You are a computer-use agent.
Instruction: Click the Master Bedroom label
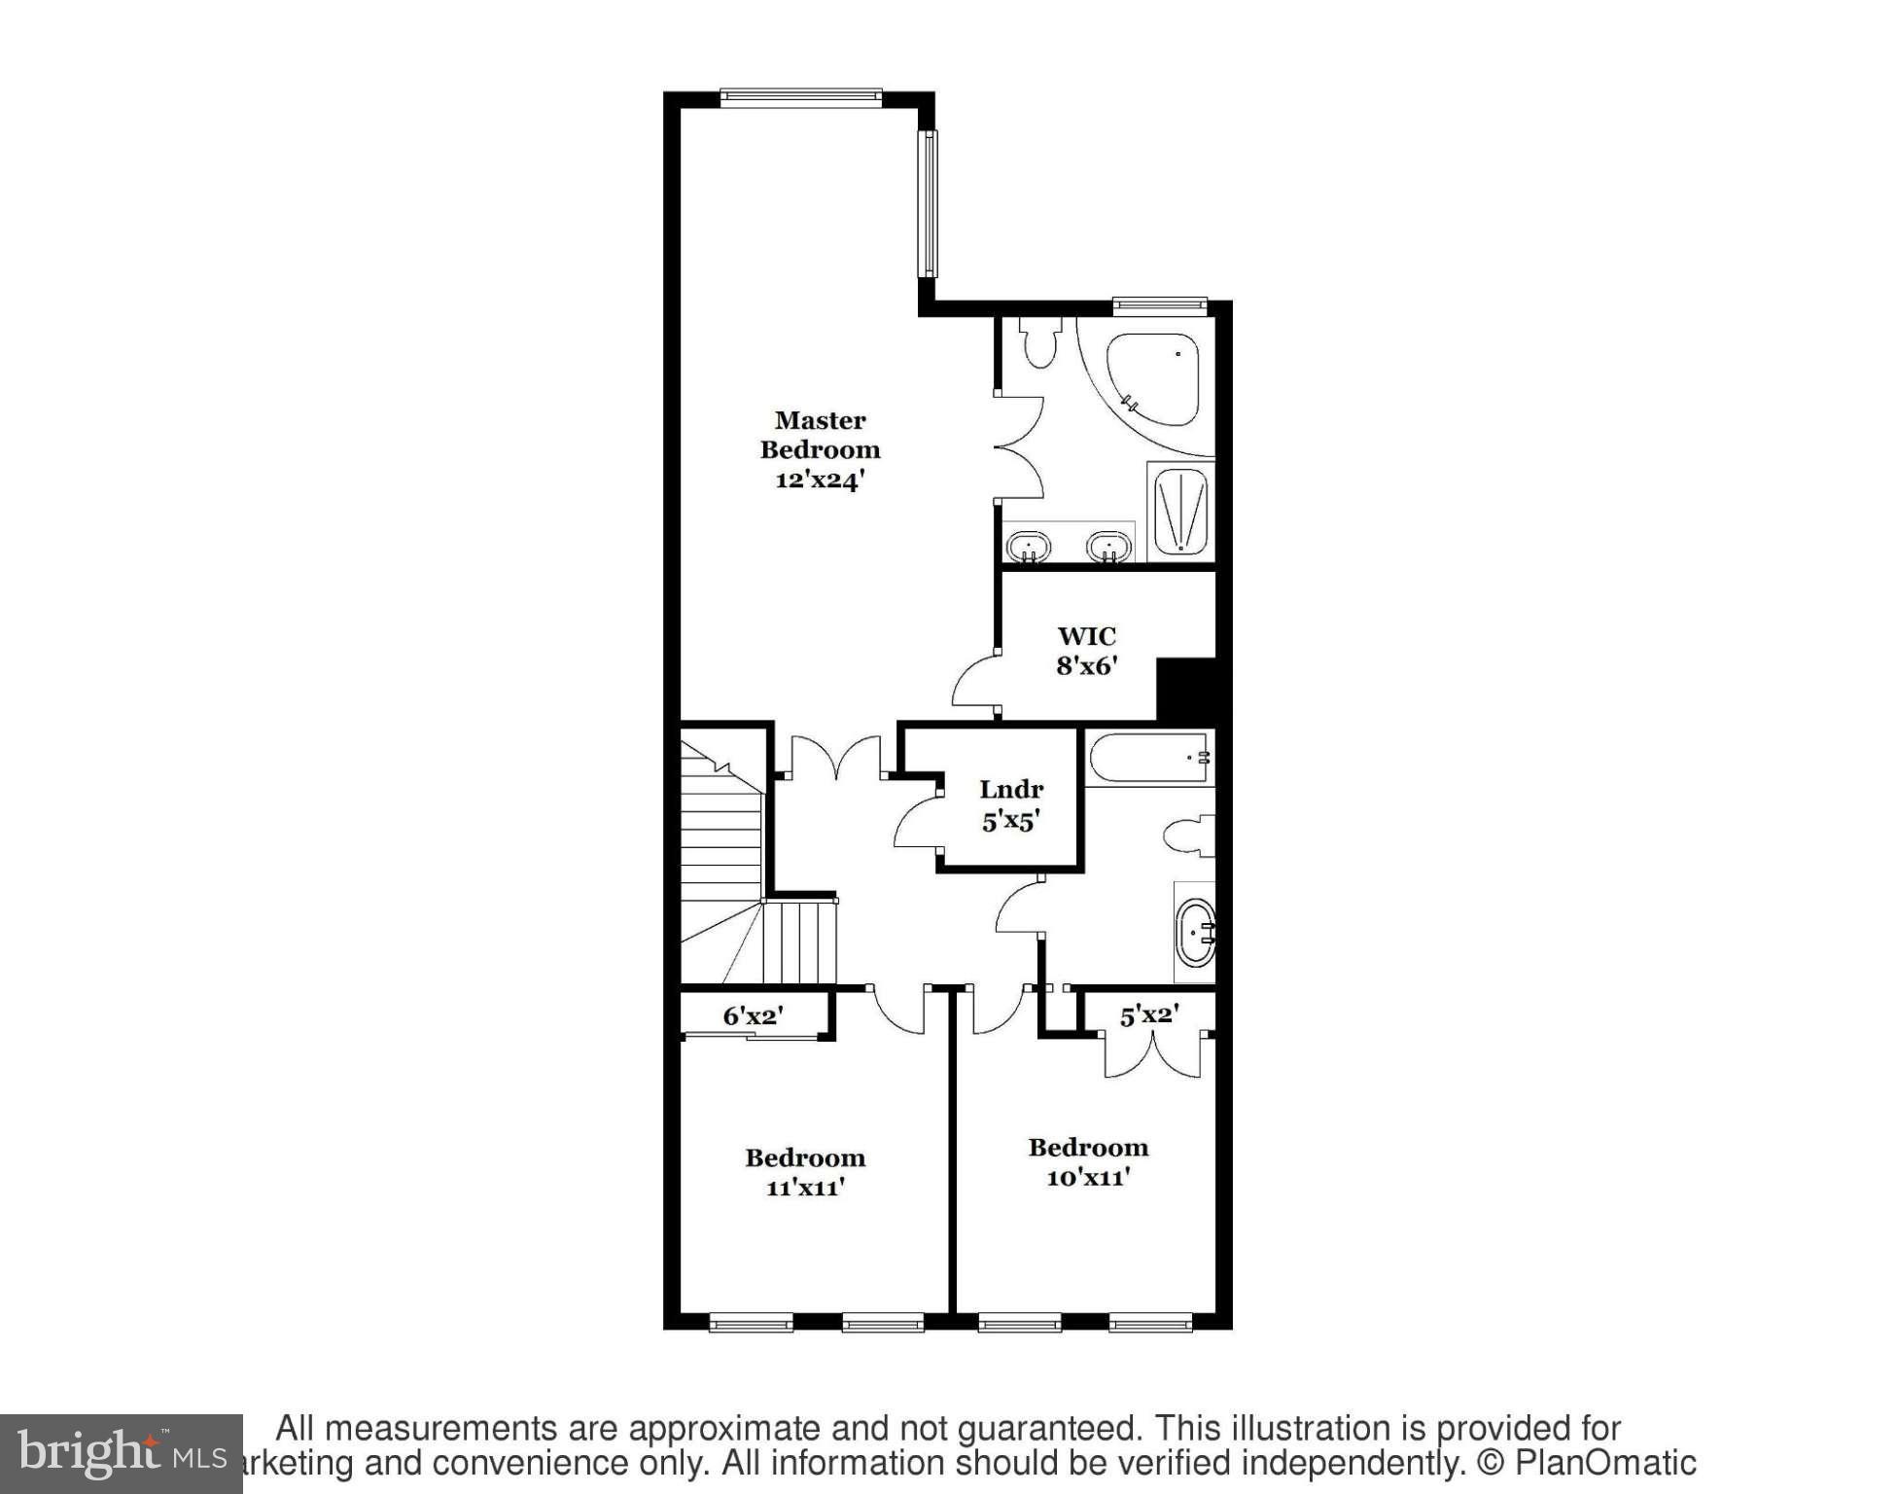coord(820,435)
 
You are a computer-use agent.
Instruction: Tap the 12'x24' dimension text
coord(820,480)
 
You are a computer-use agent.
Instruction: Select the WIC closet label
coord(1086,636)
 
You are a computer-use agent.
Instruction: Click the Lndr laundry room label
coord(1011,790)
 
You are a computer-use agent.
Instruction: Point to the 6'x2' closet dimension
coord(753,1015)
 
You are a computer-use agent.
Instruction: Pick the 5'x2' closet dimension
coord(1149,1015)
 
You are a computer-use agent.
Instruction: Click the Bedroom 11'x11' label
coord(805,1172)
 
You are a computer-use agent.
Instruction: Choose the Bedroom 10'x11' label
coord(1088,1161)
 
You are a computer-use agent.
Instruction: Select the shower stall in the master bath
coord(1180,512)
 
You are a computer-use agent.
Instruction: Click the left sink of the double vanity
coord(1027,547)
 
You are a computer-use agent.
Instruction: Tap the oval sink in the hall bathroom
coord(1195,933)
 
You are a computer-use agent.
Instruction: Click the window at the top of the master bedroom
coord(800,97)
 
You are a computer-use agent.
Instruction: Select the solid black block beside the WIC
coord(1186,690)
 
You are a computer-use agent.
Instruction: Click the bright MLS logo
coord(121,1453)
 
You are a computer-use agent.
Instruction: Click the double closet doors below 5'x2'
coord(1152,1054)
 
